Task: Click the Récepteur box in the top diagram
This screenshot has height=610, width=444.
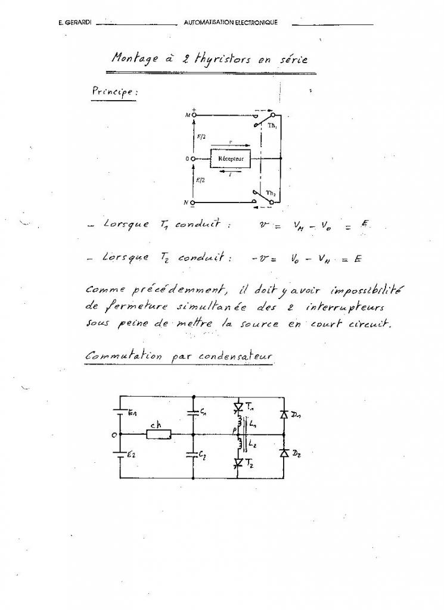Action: (x=231, y=159)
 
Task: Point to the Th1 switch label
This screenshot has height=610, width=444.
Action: (x=271, y=126)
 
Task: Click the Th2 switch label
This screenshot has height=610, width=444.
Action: (x=271, y=193)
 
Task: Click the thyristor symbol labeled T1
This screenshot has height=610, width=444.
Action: (x=238, y=407)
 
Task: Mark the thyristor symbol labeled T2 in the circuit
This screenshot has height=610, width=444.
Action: (x=238, y=462)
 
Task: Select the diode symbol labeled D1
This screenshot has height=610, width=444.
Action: (x=284, y=415)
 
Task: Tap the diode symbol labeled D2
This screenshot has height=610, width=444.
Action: (x=284, y=454)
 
